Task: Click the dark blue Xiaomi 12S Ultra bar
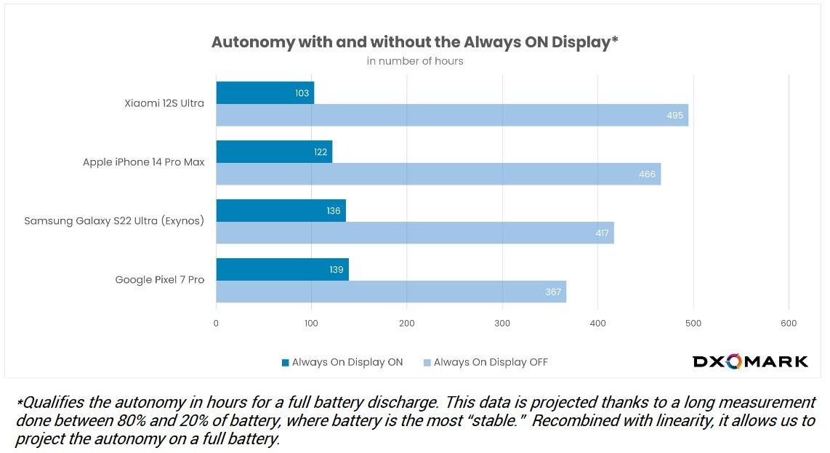point(265,93)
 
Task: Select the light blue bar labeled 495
point(451,115)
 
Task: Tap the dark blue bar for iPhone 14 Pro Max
point(274,152)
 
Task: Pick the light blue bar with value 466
point(438,174)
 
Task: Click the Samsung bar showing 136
point(281,211)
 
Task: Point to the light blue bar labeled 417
point(414,233)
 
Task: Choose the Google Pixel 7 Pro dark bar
point(282,270)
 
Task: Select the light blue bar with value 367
point(390,292)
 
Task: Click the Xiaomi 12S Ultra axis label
point(164,103)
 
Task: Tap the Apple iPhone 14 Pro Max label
point(143,162)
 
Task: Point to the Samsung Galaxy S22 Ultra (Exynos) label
point(114,220)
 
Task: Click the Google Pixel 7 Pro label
point(160,279)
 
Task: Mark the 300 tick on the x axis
point(502,324)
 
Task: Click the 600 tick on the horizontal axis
point(789,324)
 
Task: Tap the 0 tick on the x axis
point(216,324)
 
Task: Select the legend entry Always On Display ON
point(342,362)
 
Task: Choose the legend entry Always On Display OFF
point(485,362)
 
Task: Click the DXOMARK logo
point(749,361)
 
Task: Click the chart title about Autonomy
point(414,41)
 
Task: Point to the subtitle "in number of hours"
point(414,61)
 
